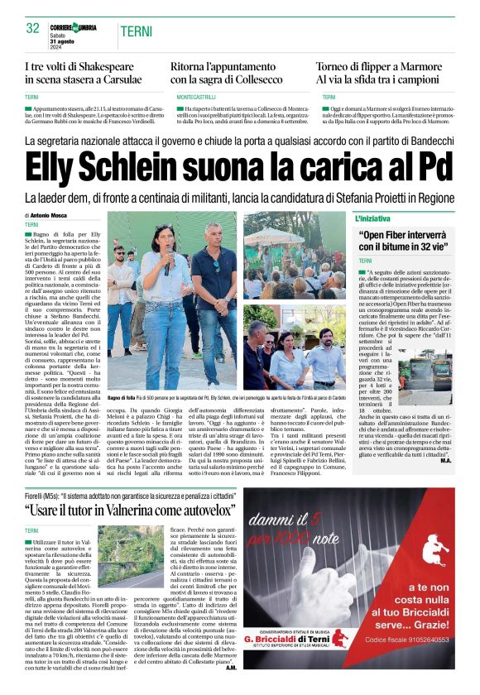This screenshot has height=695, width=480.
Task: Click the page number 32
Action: tap(33, 28)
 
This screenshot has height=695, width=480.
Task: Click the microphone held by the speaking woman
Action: tap(166, 266)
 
